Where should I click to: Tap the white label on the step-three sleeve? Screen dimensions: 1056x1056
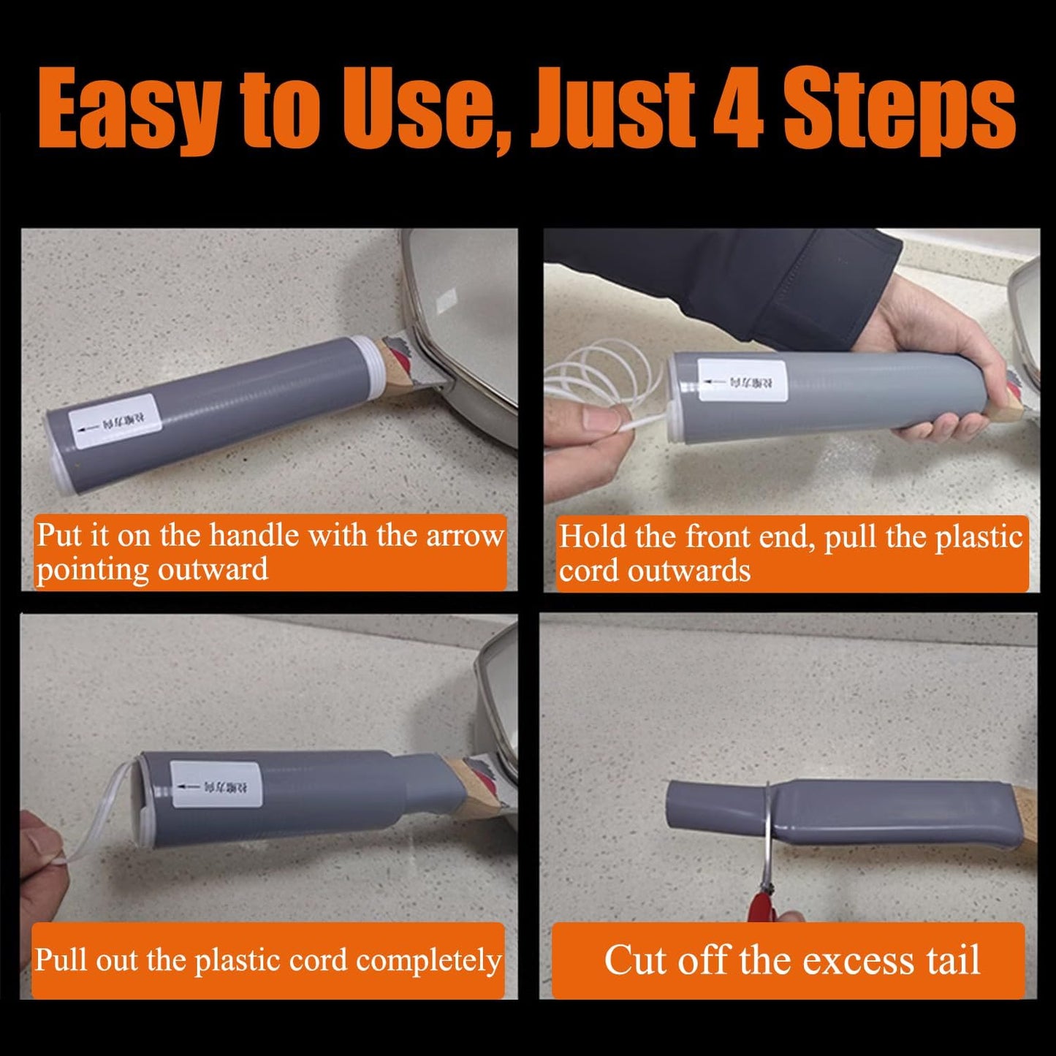(216, 784)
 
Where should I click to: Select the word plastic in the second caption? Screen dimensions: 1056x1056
(979, 537)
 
